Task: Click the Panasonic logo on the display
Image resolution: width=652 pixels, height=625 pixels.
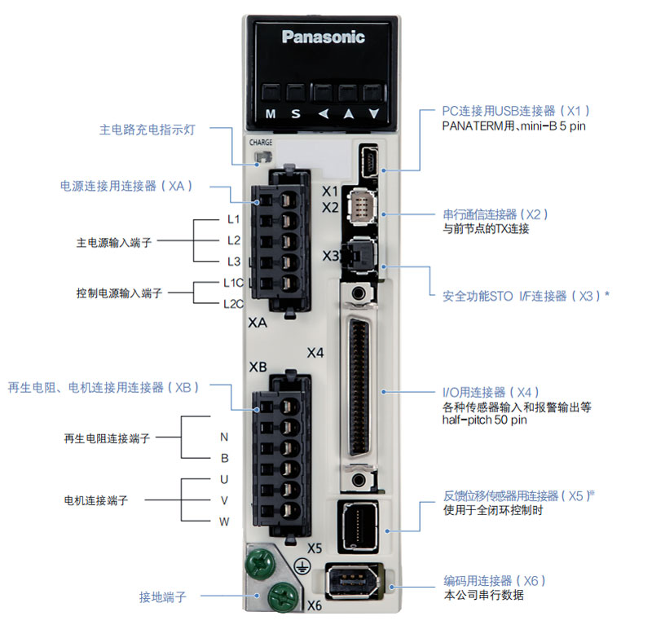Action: coord(324,37)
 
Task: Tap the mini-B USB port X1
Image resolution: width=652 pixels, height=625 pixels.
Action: coord(368,161)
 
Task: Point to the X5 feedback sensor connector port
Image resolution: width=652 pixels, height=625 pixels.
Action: coord(359,525)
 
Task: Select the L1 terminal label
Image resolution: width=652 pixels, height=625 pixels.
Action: coord(233,219)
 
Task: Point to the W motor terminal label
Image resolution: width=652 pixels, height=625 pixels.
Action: coord(224,521)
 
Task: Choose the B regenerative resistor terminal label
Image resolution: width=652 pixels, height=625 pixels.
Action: coord(224,458)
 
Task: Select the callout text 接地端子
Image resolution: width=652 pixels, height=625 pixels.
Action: coord(163,597)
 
